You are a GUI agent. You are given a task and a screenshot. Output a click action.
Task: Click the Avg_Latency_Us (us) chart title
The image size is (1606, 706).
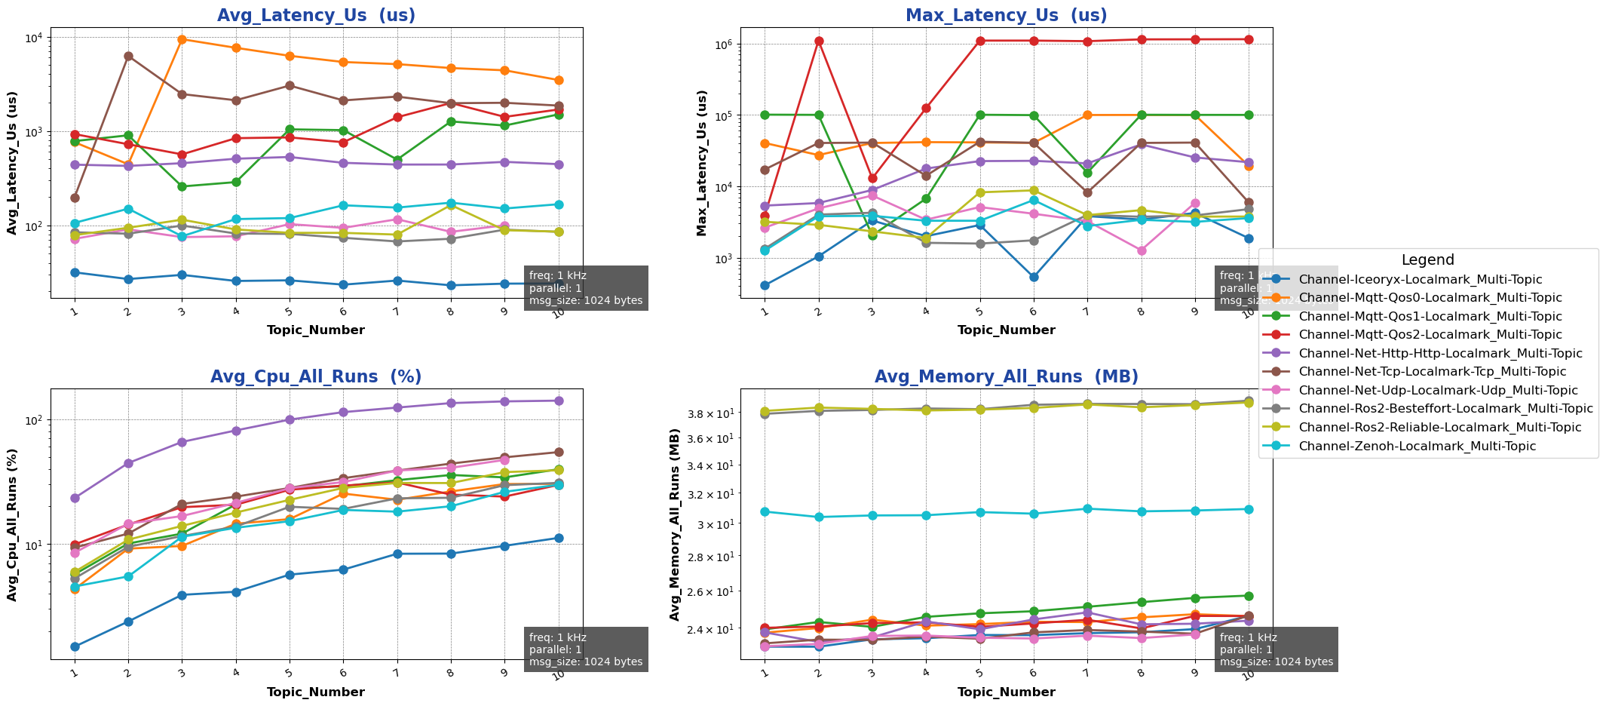[316, 15]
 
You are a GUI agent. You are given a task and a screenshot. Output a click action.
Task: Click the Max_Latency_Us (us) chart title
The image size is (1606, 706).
[1006, 15]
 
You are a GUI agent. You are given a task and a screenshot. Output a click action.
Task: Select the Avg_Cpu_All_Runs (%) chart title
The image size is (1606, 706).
[316, 376]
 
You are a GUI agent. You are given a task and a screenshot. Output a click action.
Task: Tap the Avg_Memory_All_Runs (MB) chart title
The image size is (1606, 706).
[1006, 376]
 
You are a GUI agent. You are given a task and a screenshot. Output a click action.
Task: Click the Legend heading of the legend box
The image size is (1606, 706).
[1427, 259]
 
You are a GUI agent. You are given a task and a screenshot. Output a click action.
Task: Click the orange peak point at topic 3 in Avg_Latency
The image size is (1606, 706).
[182, 39]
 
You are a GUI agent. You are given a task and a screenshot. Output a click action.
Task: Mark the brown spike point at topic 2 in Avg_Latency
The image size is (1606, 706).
[128, 56]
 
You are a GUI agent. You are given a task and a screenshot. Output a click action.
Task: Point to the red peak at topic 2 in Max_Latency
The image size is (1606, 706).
[819, 41]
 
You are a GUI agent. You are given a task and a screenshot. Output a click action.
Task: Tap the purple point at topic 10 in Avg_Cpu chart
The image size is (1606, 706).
[559, 401]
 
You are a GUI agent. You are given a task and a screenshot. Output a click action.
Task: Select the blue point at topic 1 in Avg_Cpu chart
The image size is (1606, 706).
[75, 646]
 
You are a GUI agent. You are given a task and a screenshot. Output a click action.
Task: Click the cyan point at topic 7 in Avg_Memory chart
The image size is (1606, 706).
[1087, 508]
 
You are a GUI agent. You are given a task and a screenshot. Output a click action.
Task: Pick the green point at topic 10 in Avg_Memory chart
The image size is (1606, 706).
[1249, 596]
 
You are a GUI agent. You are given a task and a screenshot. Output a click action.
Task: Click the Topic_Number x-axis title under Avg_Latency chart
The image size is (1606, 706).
[316, 330]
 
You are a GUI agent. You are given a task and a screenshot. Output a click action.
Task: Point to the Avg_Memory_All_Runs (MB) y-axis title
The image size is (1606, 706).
[676, 524]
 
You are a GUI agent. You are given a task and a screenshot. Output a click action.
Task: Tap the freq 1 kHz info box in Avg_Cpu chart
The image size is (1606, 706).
[586, 649]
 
